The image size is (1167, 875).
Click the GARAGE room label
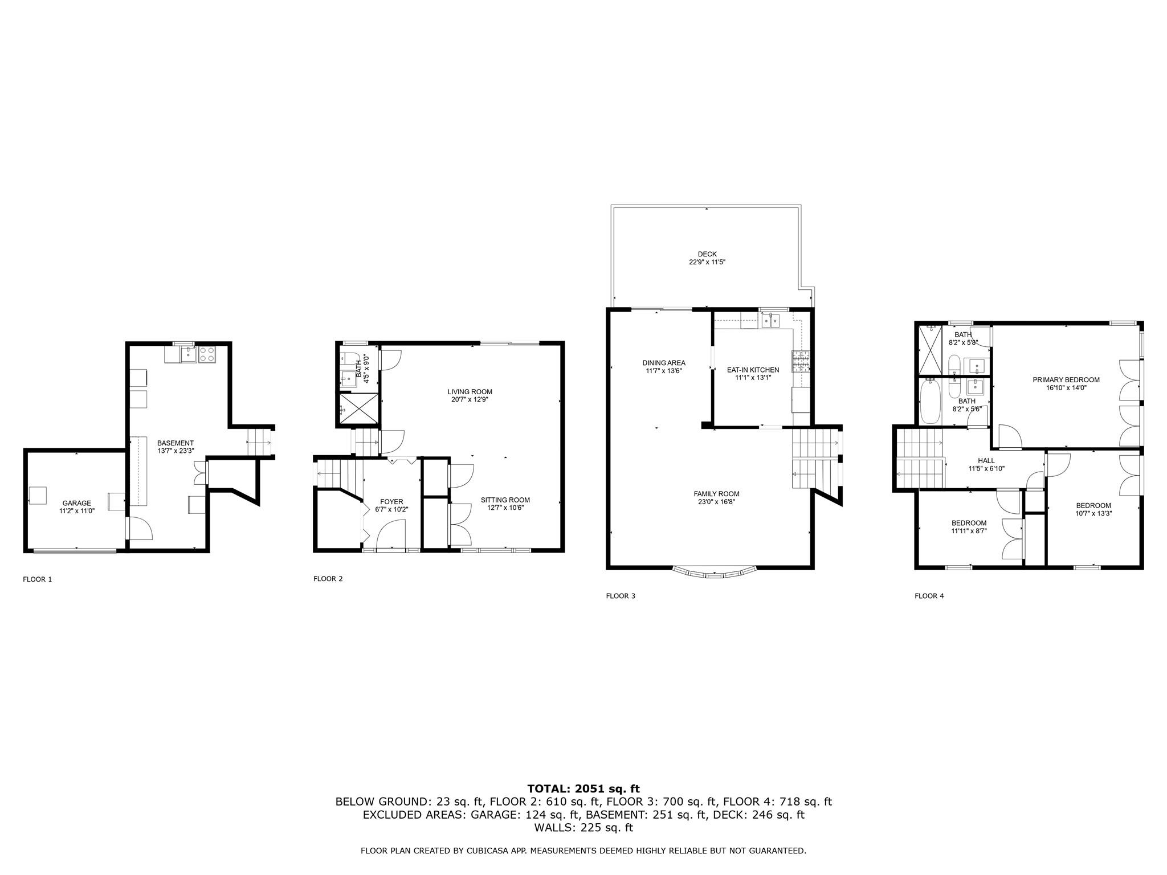click(x=76, y=503)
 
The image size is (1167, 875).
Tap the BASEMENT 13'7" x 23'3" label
click(x=176, y=447)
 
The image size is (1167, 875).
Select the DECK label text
click(x=707, y=254)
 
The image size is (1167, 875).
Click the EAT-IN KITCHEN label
click(x=752, y=370)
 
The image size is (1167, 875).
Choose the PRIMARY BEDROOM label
click(x=1066, y=380)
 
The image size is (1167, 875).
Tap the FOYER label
click(x=391, y=502)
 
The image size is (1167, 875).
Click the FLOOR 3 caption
click(x=620, y=596)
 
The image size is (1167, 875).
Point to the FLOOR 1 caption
click(x=37, y=579)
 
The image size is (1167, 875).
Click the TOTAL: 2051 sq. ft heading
click(x=583, y=788)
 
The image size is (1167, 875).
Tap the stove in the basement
click(x=206, y=354)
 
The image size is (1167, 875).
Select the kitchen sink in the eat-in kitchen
click(x=770, y=322)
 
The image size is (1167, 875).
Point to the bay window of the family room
click(x=715, y=572)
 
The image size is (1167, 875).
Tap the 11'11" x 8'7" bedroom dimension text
click(x=969, y=530)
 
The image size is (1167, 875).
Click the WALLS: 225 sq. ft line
click(x=583, y=828)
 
